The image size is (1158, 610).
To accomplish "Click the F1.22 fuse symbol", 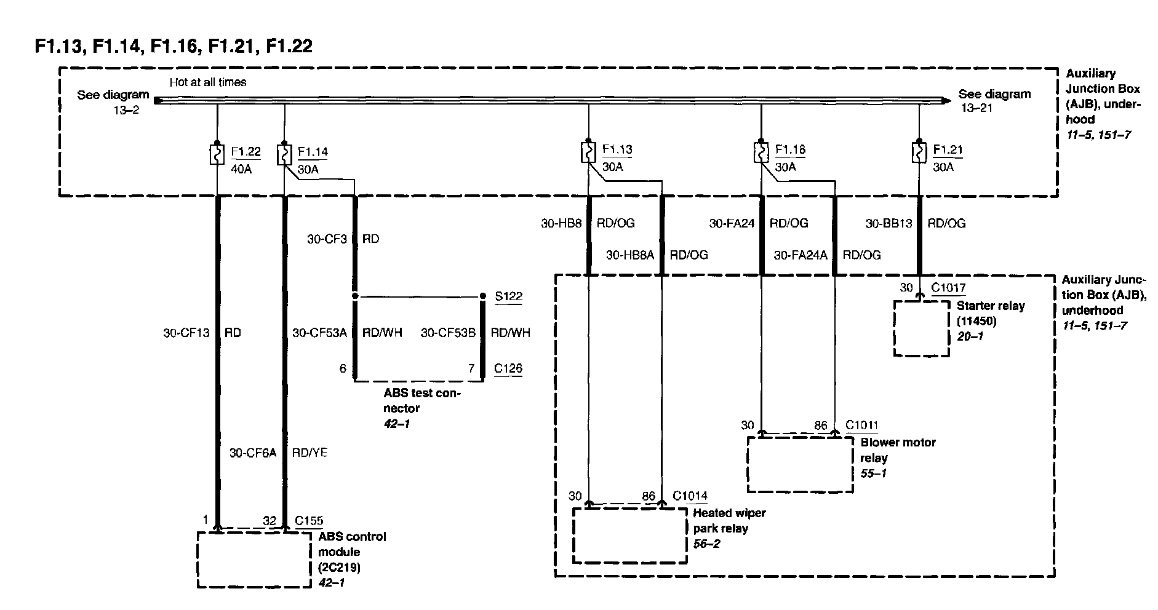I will coord(217,154).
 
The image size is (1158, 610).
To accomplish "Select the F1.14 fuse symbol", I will coord(284,154).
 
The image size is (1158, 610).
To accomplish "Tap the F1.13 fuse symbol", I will coord(588,152).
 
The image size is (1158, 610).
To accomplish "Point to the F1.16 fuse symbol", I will coord(761,152).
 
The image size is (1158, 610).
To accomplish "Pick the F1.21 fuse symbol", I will coord(919,152).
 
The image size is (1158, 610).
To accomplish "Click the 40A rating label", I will coord(241,168).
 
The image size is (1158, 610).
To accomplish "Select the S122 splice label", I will coord(509,297).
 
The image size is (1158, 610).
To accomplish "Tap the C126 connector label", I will coord(508,368).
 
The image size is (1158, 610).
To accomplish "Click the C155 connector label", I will coord(309,521).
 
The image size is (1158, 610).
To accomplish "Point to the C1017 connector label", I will coord(948,287).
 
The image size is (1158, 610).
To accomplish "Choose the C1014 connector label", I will coord(690,496).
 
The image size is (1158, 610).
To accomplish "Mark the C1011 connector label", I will coord(861,425).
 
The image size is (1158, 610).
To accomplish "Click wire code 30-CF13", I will coord(186,333).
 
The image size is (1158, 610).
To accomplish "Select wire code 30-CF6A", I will coord(253,453).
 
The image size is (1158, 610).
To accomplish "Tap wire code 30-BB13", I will coord(889,224).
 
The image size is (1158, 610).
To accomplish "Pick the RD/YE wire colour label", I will coord(309,453).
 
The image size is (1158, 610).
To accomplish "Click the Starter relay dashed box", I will coord(921,328).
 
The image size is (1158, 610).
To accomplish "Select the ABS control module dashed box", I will coord(254,560).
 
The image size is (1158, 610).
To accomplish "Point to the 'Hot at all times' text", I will coord(208,82).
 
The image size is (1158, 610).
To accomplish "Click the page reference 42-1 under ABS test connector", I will coord(397,424).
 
